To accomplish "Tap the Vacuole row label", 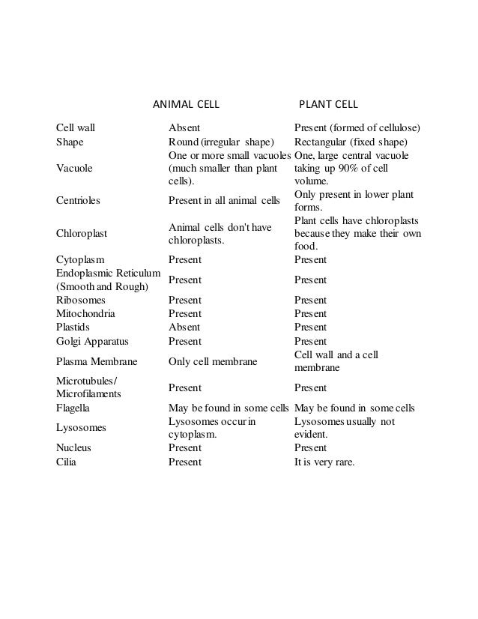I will (x=75, y=169).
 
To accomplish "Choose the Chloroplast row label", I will (x=82, y=233).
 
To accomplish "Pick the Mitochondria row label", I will (x=86, y=313).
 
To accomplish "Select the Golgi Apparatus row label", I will (x=93, y=342).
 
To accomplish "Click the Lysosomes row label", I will (x=82, y=427).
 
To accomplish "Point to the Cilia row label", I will (x=67, y=462).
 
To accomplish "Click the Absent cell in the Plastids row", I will (x=184, y=327).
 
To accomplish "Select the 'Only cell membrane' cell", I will (x=213, y=362).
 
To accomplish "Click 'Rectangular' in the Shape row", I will (x=322, y=142).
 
